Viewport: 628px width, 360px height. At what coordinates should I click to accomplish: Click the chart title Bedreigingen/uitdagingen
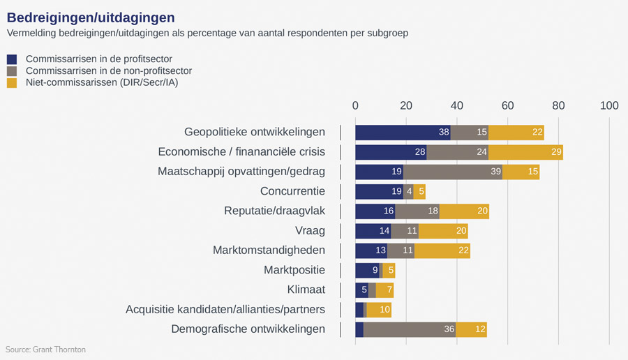91,16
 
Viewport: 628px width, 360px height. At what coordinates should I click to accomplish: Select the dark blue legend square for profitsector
12,59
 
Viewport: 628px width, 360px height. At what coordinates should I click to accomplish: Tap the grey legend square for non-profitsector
12,71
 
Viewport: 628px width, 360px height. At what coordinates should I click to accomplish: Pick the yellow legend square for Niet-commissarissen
12,83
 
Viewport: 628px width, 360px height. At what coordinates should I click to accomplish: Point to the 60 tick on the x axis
507,105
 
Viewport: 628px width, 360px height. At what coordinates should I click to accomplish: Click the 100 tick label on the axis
609,105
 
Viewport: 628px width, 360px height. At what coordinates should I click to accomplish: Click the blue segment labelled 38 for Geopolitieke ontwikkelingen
403,133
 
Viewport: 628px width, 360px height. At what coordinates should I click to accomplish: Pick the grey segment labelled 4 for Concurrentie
408,192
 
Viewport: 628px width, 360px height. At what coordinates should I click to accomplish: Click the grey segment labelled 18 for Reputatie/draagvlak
417,211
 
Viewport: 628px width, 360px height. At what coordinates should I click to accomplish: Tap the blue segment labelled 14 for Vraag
373,231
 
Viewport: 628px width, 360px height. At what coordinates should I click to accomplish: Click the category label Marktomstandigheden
269,250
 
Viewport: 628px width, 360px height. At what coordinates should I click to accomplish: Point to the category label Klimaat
306,290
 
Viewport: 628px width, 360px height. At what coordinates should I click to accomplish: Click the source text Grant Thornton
45,349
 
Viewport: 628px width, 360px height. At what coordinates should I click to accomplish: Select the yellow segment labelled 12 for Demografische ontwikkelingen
471,329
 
